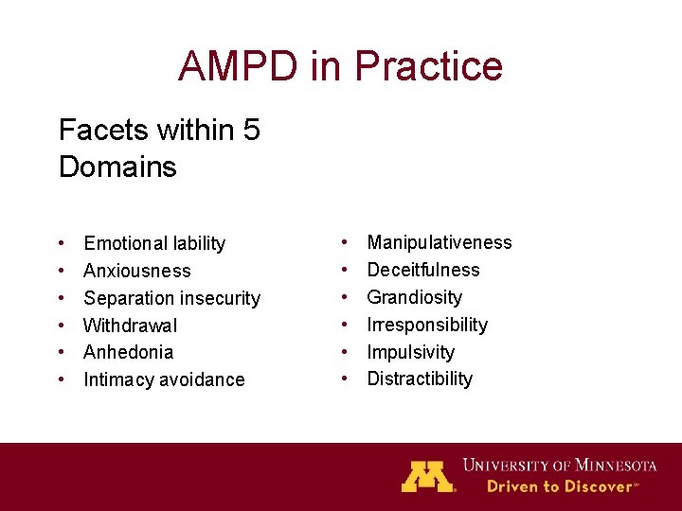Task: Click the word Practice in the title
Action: pyautogui.click(x=427, y=66)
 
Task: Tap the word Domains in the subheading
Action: pyautogui.click(x=117, y=167)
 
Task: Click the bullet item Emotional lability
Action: pyautogui.click(x=154, y=244)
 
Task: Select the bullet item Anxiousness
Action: pyautogui.click(x=137, y=272)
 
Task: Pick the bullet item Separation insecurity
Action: pyautogui.click(x=171, y=299)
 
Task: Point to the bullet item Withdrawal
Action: pyautogui.click(x=131, y=326)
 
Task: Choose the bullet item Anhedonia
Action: pyautogui.click(x=129, y=352)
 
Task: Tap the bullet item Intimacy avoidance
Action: pyautogui.click(x=164, y=379)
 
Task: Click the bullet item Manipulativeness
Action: pyautogui.click(x=439, y=243)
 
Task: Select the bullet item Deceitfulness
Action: pyautogui.click(x=423, y=270)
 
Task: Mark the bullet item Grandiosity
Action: pyautogui.click(x=414, y=297)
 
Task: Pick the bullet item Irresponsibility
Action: pyautogui.click(x=427, y=325)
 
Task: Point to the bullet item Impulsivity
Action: pyautogui.click(x=410, y=352)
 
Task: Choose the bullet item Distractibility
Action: pyautogui.click(x=420, y=379)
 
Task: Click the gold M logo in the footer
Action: pyautogui.click(x=427, y=476)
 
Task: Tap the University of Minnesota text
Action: pyautogui.click(x=559, y=465)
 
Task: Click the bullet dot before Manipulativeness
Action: pyautogui.click(x=344, y=243)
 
